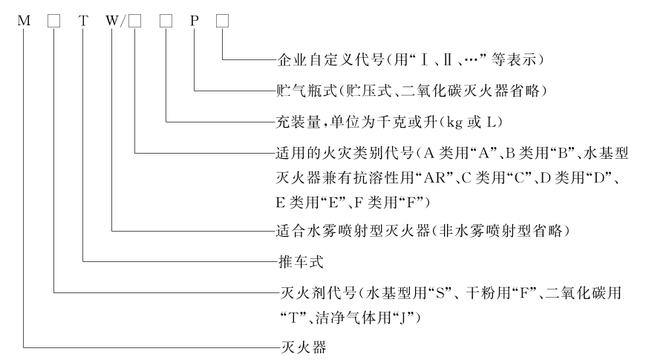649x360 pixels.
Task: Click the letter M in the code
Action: (x=24, y=21)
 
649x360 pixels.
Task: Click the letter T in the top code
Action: (x=84, y=21)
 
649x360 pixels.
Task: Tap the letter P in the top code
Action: (x=194, y=21)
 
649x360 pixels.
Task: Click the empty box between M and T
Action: (x=53, y=21)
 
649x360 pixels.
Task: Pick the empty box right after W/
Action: (x=134, y=21)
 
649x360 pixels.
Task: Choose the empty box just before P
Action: (x=166, y=21)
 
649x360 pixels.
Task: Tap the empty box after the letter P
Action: (x=222, y=21)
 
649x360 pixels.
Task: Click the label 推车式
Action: (x=301, y=261)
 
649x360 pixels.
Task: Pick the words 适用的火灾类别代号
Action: (x=345, y=154)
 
